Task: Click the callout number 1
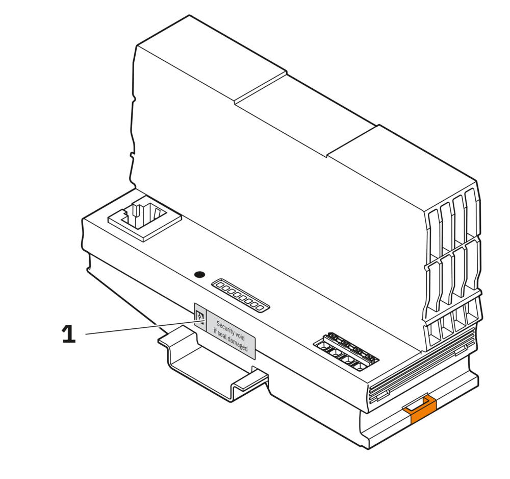coord(69,334)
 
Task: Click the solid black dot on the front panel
coord(199,275)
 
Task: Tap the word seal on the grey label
coord(222,335)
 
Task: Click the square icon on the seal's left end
coord(200,316)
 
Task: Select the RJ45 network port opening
coord(144,216)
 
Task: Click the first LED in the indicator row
coord(220,285)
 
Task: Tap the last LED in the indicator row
coord(260,307)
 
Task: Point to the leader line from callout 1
coord(145,327)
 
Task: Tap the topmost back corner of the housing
coord(189,15)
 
